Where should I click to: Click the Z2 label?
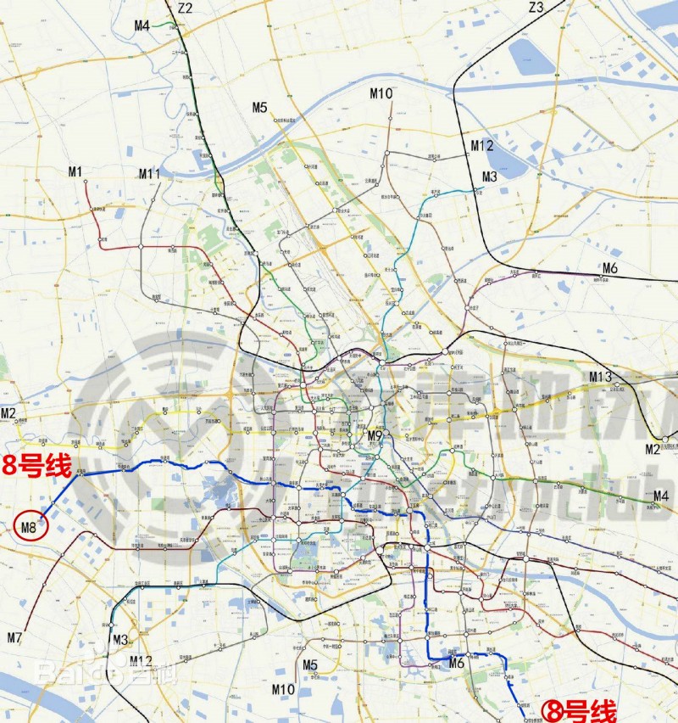185,8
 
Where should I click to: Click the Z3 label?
535,8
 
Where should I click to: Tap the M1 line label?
75,172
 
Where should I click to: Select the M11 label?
149,174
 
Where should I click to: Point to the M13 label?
600,377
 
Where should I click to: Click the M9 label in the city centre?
375,436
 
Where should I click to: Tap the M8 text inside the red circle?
29,528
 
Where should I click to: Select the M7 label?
14,636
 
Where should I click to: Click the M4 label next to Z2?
142,26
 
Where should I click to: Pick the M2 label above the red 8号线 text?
8,414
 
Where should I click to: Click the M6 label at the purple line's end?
610,269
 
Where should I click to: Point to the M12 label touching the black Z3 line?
481,146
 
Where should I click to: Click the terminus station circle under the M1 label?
88,184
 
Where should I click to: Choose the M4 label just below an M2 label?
660,496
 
